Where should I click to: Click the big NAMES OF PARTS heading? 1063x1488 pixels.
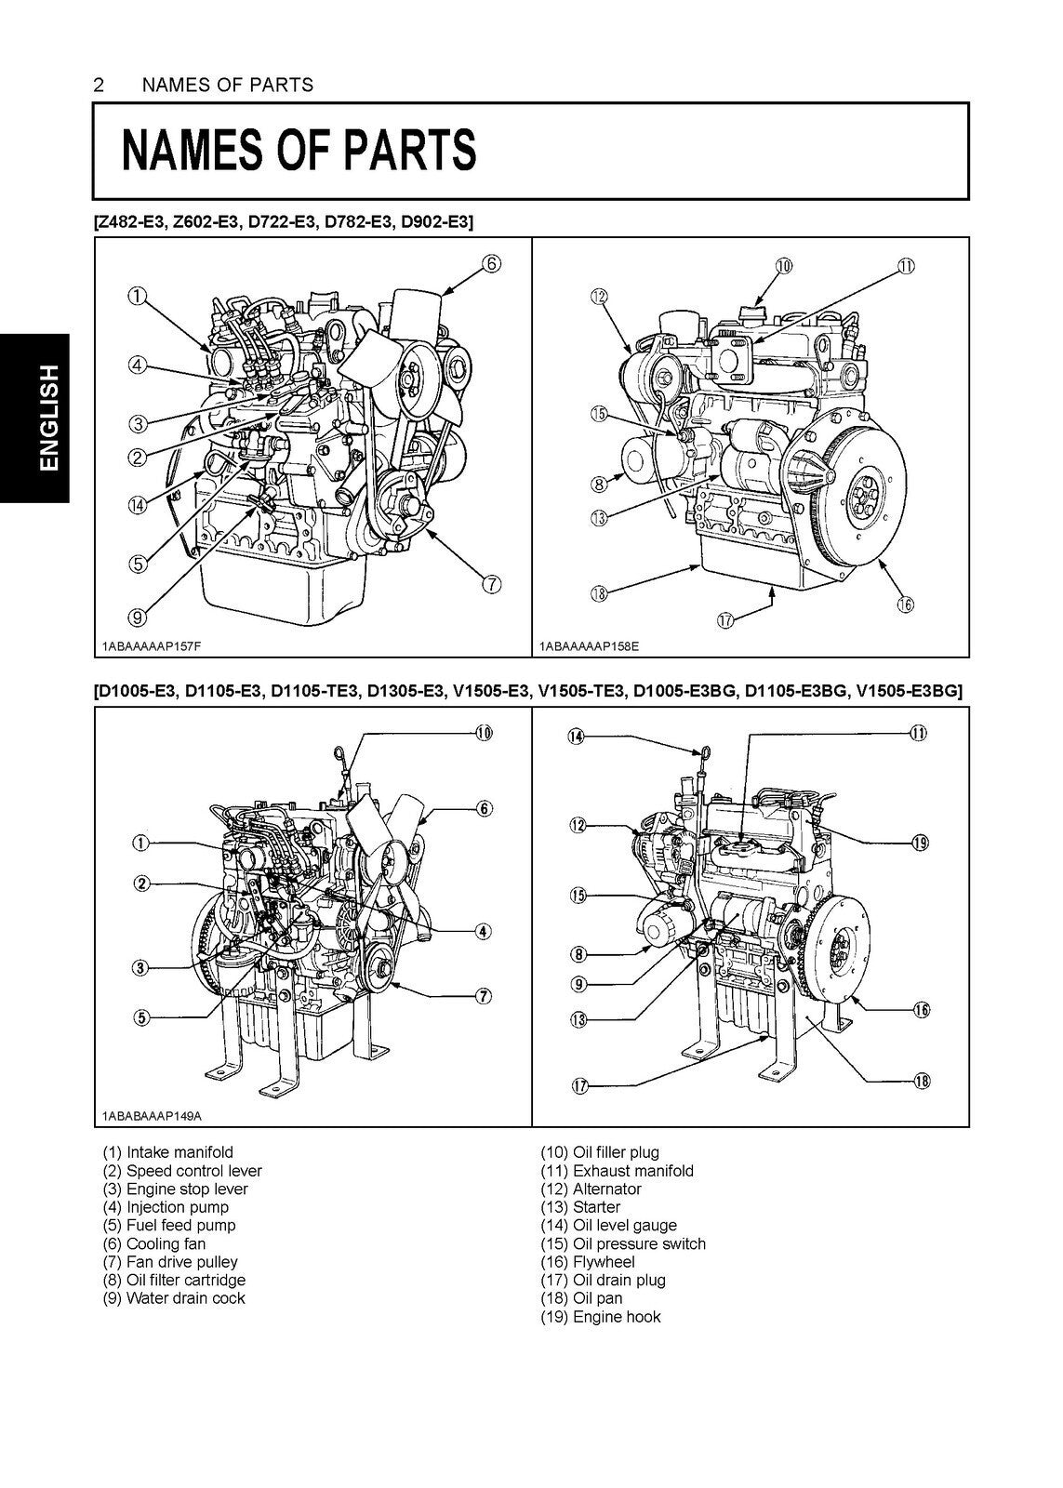pos(299,151)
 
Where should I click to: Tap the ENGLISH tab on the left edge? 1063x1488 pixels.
pos(34,417)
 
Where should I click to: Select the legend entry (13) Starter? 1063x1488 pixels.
pos(585,1207)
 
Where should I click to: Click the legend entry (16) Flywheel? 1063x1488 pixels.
pos(592,1262)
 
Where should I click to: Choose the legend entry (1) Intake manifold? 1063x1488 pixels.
pos(168,1152)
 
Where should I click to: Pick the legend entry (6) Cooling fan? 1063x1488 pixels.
pos(154,1243)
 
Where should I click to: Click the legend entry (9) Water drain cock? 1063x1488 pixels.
pos(174,1298)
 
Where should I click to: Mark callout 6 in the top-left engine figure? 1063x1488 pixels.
pos(491,264)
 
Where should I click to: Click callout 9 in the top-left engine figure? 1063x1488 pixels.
pos(138,616)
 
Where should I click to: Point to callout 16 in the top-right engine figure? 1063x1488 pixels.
pos(905,605)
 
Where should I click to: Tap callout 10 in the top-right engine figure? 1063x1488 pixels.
pos(783,266)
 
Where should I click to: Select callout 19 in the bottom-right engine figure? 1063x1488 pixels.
pos(919,843)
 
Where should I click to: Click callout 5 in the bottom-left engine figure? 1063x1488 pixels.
pos(140,1017)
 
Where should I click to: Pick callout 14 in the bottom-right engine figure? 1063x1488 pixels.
pos(577,737)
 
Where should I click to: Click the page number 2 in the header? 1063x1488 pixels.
pos(100,86)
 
